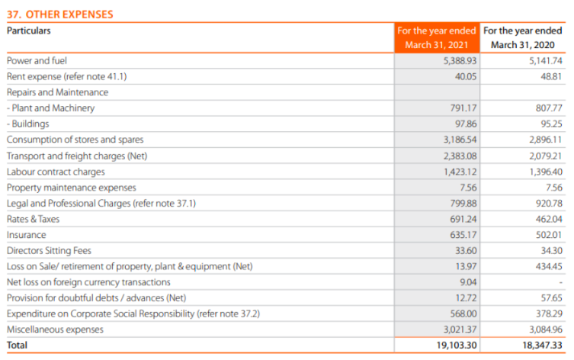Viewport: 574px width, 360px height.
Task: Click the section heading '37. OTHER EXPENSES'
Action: pos(59,14)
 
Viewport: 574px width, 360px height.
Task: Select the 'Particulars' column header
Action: pos(29,31)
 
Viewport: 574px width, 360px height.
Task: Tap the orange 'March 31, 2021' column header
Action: pos(437,45)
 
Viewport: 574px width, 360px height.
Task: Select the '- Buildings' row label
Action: pos(28,124)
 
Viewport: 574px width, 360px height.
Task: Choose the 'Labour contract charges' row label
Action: pos(56,172)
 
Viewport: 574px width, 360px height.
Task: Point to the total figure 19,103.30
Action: pos(457,346)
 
